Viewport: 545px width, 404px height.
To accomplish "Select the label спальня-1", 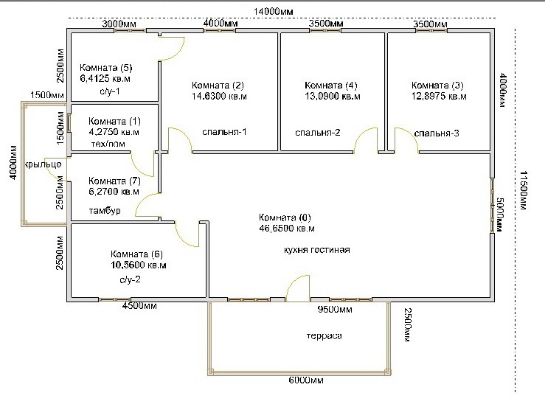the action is click(x=224, y=132).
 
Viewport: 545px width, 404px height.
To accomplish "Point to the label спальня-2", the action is click(x=318, y=133).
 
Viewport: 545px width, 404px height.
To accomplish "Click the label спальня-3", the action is click(x=437, y=133).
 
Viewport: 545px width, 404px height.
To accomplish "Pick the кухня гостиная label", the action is click(x=316, y=250).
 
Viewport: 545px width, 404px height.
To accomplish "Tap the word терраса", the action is click(x=324, y=336).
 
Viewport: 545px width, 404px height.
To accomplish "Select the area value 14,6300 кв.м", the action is click(x=219, y=96).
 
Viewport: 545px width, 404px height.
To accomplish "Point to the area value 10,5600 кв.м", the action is click(x=139, y=265).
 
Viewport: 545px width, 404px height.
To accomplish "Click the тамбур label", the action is click(x=104, y=211).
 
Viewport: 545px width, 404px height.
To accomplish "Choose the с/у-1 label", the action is click(x=109, y=91).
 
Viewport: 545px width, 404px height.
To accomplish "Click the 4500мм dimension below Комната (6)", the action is click(x=139, y=305).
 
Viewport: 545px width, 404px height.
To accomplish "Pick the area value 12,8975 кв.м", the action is click(x=439, y=96).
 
